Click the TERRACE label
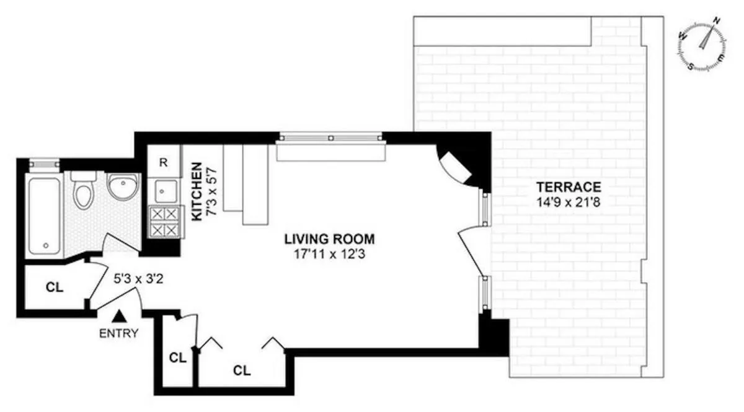(569, 186)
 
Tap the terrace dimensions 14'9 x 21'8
(569, 201)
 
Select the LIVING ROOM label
(329, 238)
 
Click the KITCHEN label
(196, 191)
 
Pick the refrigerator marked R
(164, 163)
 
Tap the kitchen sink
(164, 191)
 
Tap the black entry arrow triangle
(121, 317)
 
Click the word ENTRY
(118, 333)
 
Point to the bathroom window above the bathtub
(45, 163)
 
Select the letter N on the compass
(717, 20)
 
